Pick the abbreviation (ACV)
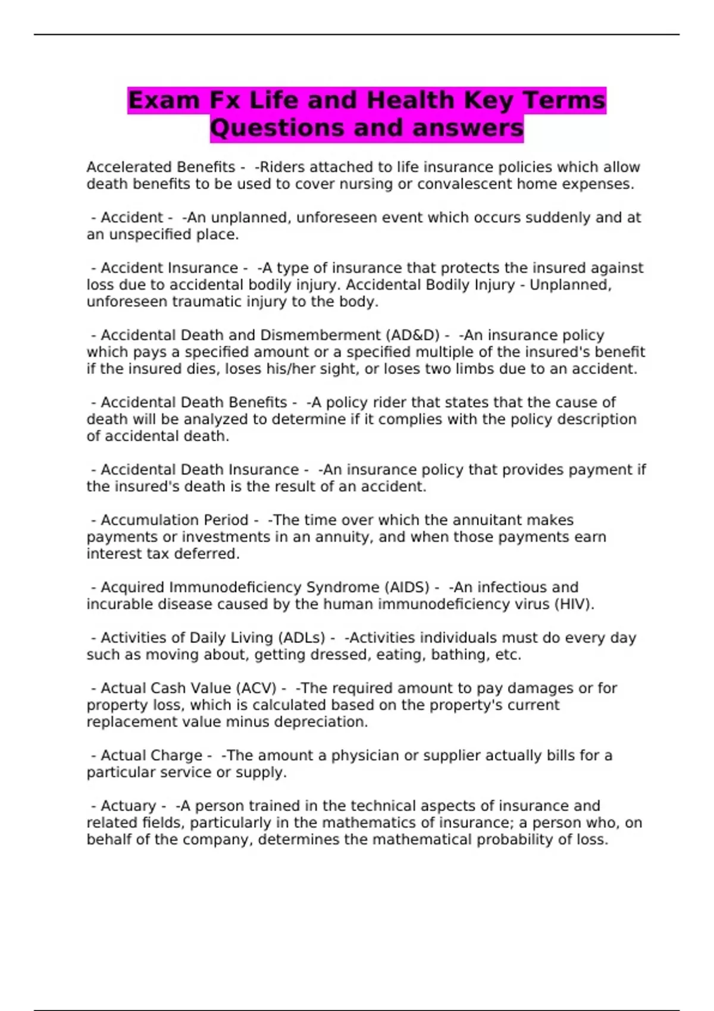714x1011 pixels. pyautogui.click(x=256, y=688)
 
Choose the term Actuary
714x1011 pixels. pyautogui.click(x=128, y=806)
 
